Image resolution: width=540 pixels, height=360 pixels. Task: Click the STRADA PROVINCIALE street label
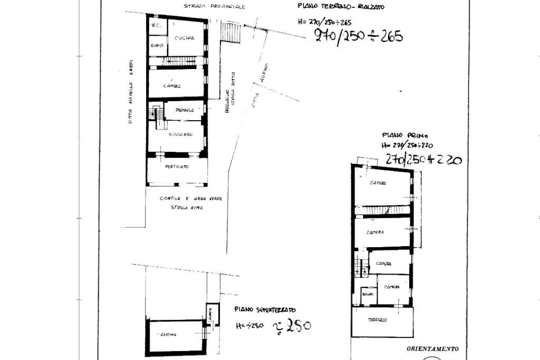[x=215, y=6]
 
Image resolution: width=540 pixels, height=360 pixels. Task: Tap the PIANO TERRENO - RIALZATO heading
[x=341, y=7]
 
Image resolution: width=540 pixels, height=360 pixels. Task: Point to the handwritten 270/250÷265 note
[x=359, y=35]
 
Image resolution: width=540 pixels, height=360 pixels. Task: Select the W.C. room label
[x=156, y=25]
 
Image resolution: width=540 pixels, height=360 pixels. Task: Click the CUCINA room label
[x=185, y=38]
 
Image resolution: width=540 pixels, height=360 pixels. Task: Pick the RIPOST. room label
[x=157, y=46]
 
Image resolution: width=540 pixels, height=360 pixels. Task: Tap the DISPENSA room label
[x=185, y=110]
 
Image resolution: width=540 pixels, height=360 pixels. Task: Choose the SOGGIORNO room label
[x=181, y=135]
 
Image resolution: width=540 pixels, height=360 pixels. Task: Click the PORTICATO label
[x=177, y=167]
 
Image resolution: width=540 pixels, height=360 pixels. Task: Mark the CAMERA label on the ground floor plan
[x=172, y=86]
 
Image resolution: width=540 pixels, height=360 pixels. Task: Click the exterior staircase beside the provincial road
[x=230, y=32]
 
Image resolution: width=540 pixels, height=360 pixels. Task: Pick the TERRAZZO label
[x=378, y=320]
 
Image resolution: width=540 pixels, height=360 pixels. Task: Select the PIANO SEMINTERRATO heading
[x=265, y=310]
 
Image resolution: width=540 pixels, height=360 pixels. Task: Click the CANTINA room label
[x=166, y=335]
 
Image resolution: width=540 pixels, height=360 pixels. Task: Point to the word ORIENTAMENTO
[x=432, y=348]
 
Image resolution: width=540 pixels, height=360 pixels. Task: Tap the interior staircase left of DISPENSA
[x=156, y=113]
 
